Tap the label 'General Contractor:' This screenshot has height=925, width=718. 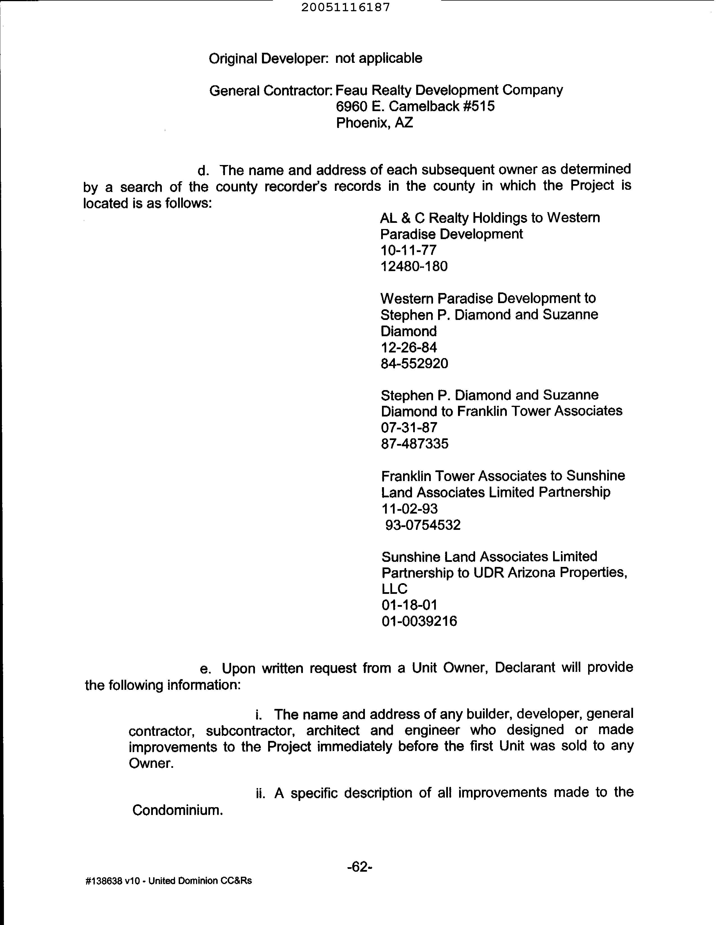tap(271, 90)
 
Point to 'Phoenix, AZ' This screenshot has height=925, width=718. tap(374, 123)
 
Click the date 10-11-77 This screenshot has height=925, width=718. tap(409, 250)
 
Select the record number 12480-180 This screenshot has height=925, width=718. tap(414, 266)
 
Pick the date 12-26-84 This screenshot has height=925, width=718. tap(409, 347)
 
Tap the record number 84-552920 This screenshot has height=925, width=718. tap(414, 363)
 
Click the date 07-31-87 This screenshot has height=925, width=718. tap(409, 428)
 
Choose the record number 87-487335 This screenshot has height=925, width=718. tap(415, 444)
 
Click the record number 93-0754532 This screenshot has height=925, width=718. tap(422, 525)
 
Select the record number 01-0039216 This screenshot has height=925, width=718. tap(419, 621)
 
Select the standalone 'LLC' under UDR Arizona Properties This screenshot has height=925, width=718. tap(394, 589)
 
